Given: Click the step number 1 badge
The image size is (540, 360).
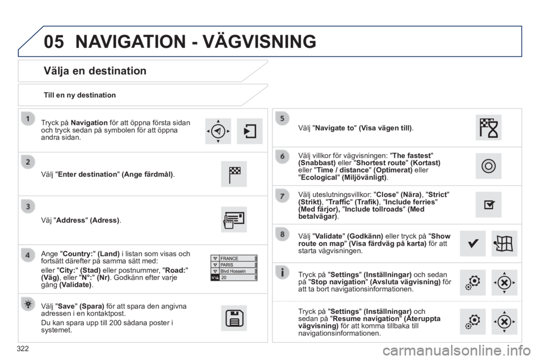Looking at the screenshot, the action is [x=28, y=119].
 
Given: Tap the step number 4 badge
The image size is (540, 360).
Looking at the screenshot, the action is [x=28, y=255].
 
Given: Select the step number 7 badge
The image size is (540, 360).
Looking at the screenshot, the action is [x=282, y=196].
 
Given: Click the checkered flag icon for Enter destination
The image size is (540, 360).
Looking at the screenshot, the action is [x=234, y=174].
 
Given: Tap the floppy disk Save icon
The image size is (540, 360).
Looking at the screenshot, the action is [x=234, y=318].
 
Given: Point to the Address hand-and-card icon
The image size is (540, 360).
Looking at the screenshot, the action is [x=234, y=219].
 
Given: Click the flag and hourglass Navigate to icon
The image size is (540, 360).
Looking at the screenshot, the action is [x=488, y=128].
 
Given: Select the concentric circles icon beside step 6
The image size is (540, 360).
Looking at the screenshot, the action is [x=488, y=166].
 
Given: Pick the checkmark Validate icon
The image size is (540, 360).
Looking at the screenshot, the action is [x=472, y=244].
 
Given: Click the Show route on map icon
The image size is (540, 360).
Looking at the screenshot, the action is [x=504, y=244].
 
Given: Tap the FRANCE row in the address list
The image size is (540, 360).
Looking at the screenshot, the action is [x=234, y=258].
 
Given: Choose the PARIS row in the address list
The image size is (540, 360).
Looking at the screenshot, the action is [x=234, y=264].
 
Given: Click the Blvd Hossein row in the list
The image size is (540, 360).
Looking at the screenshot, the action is [x=234, y=271].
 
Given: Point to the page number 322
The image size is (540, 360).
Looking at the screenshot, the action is [x=22, y=349].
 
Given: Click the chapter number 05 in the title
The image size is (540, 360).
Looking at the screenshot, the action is [x=54, y=42].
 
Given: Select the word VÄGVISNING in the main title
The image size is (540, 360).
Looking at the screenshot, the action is [x=259, y=42].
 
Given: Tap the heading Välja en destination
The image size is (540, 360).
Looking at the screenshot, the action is [x=95, y=71].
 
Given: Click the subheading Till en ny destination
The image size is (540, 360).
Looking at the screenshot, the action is [x=79, y=95].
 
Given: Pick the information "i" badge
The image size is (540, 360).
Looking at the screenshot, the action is [x=282, y=272].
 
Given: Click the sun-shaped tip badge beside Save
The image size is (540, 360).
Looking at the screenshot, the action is [x=28, y=304].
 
